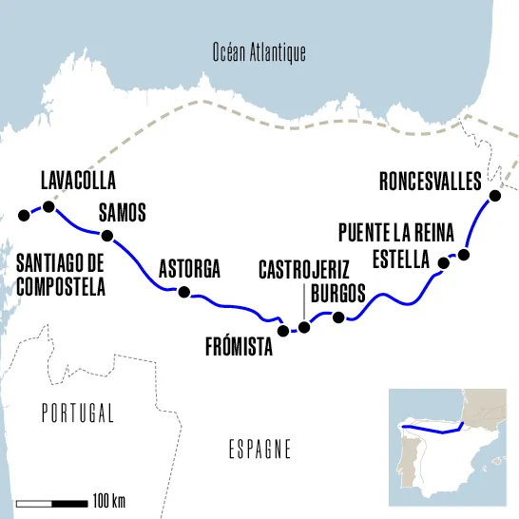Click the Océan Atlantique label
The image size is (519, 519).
259,53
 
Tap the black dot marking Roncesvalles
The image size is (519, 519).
493,197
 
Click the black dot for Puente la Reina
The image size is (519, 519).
464,254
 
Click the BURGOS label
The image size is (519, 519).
337,293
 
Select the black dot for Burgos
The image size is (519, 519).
337,317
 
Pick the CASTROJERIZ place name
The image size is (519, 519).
304,271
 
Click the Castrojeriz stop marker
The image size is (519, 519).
304,328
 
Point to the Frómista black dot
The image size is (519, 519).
282,331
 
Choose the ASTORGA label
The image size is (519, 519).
190,269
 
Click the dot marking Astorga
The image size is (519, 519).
184,292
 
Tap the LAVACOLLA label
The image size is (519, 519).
78,181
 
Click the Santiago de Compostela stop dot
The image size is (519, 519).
24,216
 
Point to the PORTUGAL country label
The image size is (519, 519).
78,413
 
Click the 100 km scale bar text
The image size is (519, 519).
108,501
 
